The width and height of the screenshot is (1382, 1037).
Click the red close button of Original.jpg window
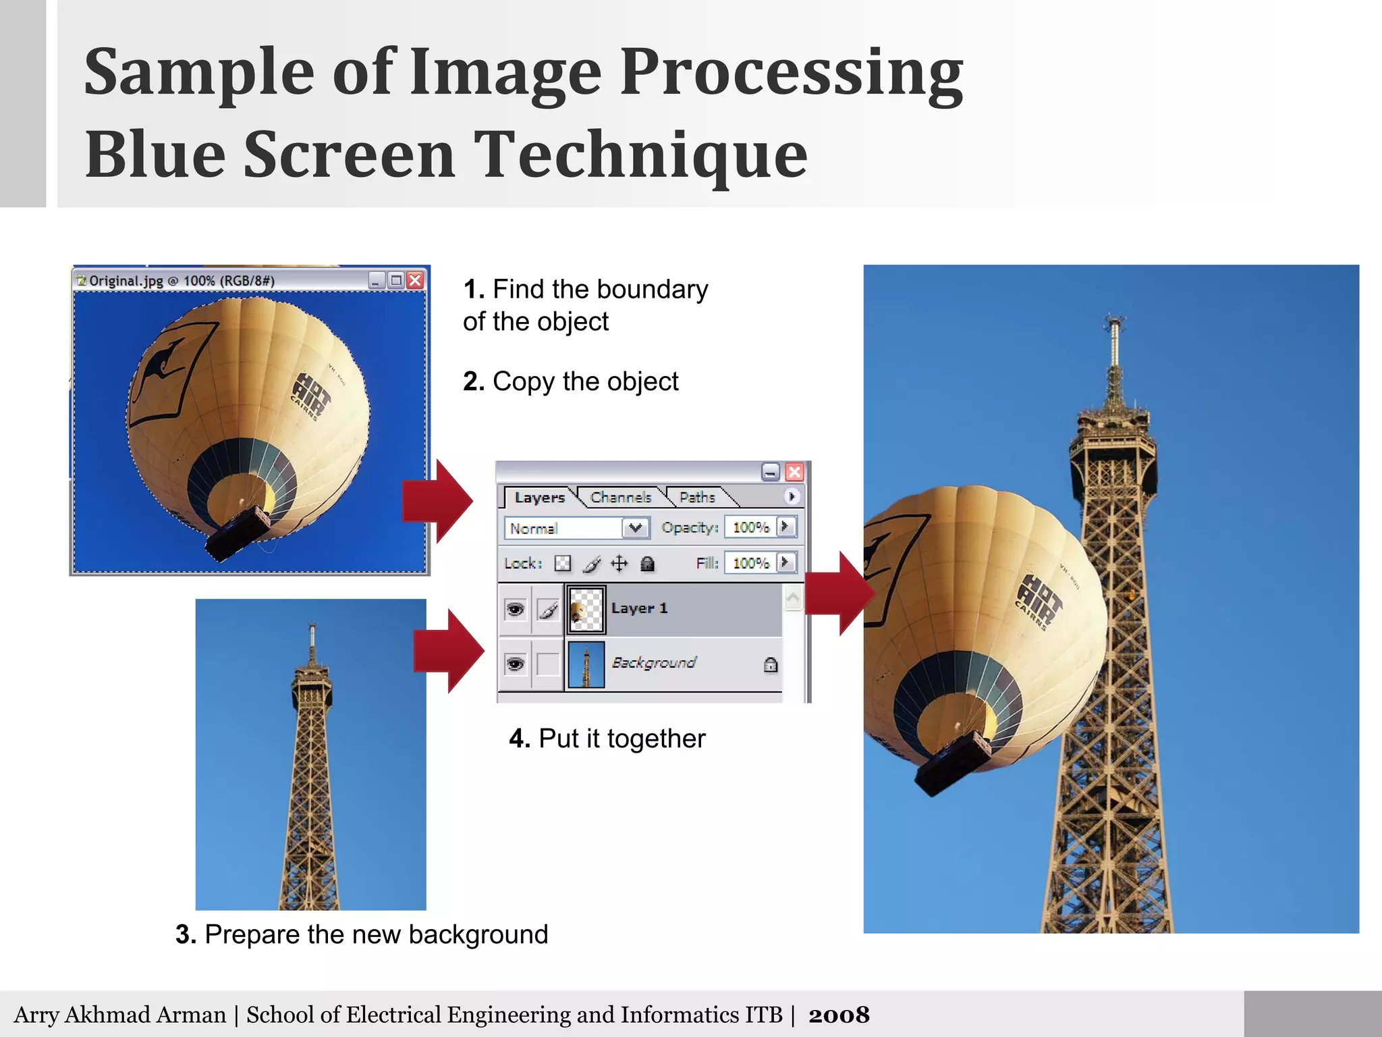(416, 280)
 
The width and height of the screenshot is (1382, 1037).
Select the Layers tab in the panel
(538, 498)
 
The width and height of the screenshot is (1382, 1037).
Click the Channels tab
(621, 498)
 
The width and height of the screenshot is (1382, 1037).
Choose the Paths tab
(697, 498)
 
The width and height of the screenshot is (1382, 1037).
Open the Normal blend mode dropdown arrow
(635, 527)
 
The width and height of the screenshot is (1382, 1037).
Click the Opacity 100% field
(750, 527)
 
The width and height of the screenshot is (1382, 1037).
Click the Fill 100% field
(750, 563)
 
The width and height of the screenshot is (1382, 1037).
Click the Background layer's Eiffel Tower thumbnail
(586, 664)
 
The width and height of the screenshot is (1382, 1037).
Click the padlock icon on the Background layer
(771, 665)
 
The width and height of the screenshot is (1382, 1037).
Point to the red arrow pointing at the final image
(839, 593)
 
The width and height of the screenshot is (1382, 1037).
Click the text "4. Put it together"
(607, 739)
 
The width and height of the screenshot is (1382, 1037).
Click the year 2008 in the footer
(839, 1015)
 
